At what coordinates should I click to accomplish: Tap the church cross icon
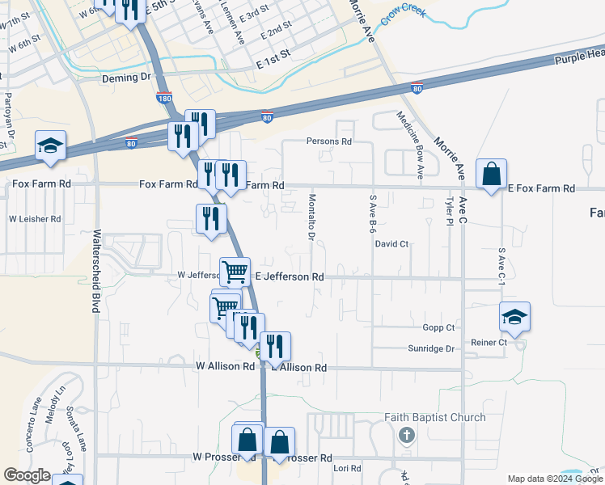tap(407, 436)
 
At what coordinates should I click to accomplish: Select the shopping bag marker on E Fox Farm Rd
tap(491, 174)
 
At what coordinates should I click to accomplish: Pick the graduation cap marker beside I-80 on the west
tap(51, 146)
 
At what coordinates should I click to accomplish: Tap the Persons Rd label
tap(329, 141)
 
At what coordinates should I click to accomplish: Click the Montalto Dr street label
tap(311, 216)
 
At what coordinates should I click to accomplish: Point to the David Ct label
tap(391, 243)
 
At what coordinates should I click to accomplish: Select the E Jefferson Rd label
tap(290, 276)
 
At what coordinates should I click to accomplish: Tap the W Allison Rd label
tap(225, 366)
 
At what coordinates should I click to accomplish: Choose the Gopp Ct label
tap(438, 327)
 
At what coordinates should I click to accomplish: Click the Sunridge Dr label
tap(433, 348)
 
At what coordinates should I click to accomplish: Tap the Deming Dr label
tap(126, 78)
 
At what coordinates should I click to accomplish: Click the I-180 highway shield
tap(163, 98)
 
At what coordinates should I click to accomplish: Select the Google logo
tap(27, 474)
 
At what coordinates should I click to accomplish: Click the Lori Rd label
tap(346, 468)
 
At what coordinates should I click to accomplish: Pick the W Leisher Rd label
tap(35, 219)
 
